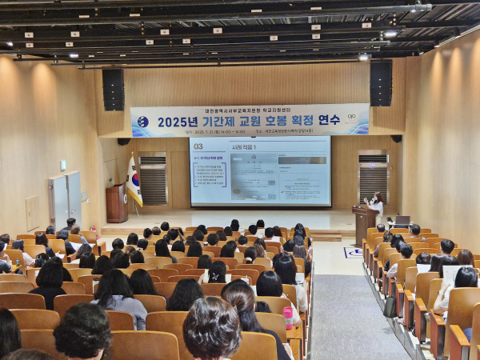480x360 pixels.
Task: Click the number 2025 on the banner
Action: click(x=177, y=122)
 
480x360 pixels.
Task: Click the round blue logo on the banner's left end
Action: click(x=142, y=122)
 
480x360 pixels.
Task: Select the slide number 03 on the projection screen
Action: click(x=198, y=146)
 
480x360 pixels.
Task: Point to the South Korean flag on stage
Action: click(x=134, y=181)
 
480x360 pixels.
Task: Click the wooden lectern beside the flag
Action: click(x=116, y=203)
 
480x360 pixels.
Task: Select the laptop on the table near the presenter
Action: click(x=402, y=221)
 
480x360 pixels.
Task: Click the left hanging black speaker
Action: click(x=113, y=89)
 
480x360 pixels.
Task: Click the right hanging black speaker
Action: click(x=381, y=83)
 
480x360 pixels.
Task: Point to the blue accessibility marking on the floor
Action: click(x=353, y=252)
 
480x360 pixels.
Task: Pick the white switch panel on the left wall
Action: click(x=62, y=166)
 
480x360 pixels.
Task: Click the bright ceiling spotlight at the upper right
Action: click(x=390, y=34)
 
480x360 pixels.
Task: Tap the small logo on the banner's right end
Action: click(x=351, y=117)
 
